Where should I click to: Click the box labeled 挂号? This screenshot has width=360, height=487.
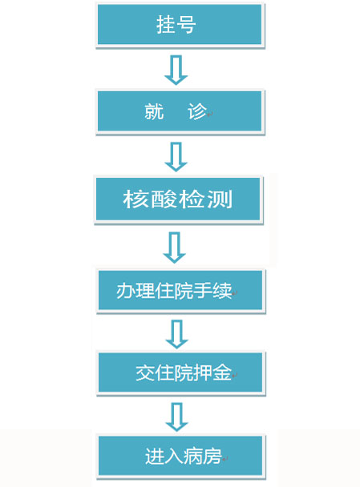pos(180,25)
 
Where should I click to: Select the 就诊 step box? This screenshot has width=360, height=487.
pos(180,111)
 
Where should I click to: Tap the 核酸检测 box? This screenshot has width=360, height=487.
pos(178,199)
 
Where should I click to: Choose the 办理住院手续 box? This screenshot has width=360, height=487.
pos(180,291)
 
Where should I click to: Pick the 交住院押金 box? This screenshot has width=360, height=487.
pos(180,372)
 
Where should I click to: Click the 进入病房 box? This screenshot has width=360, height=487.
pos(180,457)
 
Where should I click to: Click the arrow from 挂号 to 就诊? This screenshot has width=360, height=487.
pos(176,70)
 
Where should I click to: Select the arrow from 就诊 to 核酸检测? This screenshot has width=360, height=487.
pos(176,157)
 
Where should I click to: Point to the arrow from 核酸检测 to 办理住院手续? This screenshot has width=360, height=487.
pos(175,248)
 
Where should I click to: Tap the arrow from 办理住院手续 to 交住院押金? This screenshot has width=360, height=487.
pos(176,334)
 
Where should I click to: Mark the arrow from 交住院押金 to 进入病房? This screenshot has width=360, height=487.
pos(176,417)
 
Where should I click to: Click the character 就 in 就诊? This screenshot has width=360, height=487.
pos(154,111)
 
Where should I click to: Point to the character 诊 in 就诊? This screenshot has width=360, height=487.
pos(197,111)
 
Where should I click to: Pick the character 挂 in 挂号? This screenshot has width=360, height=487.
pos(166,25)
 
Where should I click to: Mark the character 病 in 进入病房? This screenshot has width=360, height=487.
pos(192,457)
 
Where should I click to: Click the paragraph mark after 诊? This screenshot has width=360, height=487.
pos(210,115)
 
